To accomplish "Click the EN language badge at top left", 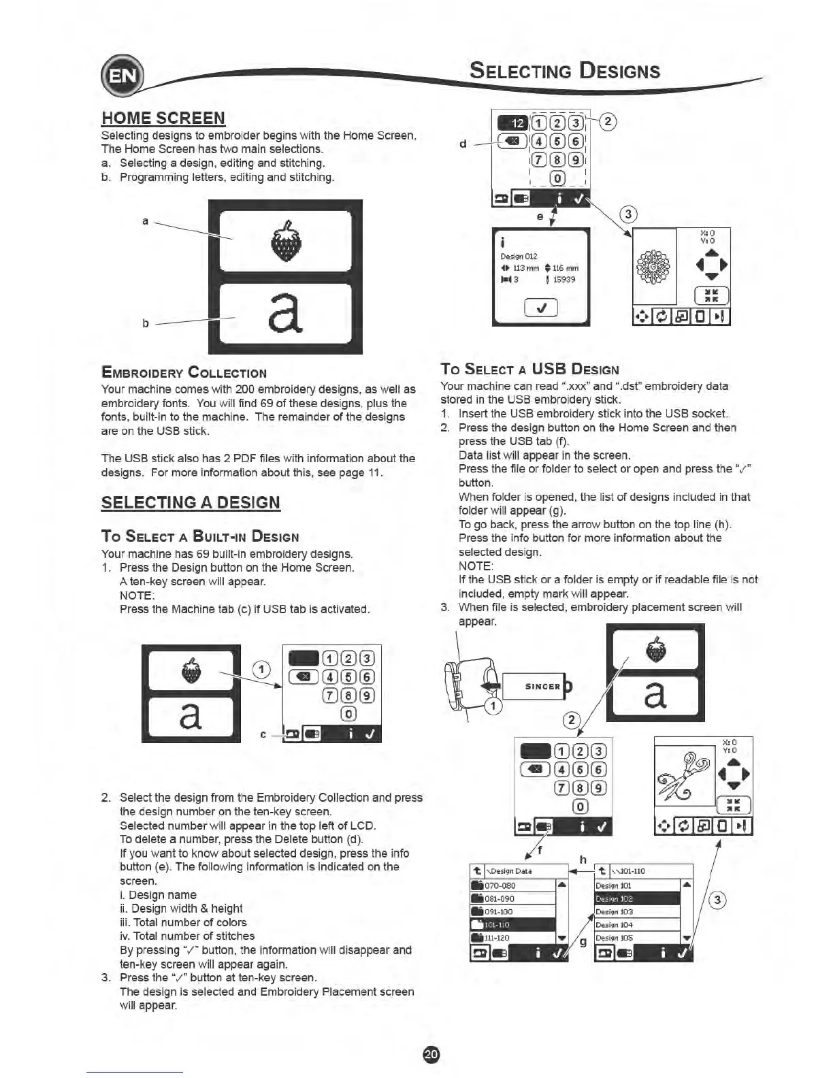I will pyautogui.click(x=121, y=76).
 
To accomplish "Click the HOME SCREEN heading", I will pyautogui.click(x=163, y=118).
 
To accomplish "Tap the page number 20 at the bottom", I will pyautogui.click(x=431, y=1054).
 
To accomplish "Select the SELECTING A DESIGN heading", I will pyautogui.click(x=191, y=503).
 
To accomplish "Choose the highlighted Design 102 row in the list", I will pyautogui.click(x=637, y=899).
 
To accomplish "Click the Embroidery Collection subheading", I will pyautogui.click(x=184, y=373).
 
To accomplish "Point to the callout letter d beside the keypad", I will pyautogui.click(x=463, y=144).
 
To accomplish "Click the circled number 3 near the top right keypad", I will pyautogui.click(x=628, y=214).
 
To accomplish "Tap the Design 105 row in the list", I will pyautogui.click(x=637, y=938).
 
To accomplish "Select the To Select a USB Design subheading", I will pyautogui.click(x=529, y=369).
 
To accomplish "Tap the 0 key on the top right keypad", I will pyautogui.click(x=557, y=178).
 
